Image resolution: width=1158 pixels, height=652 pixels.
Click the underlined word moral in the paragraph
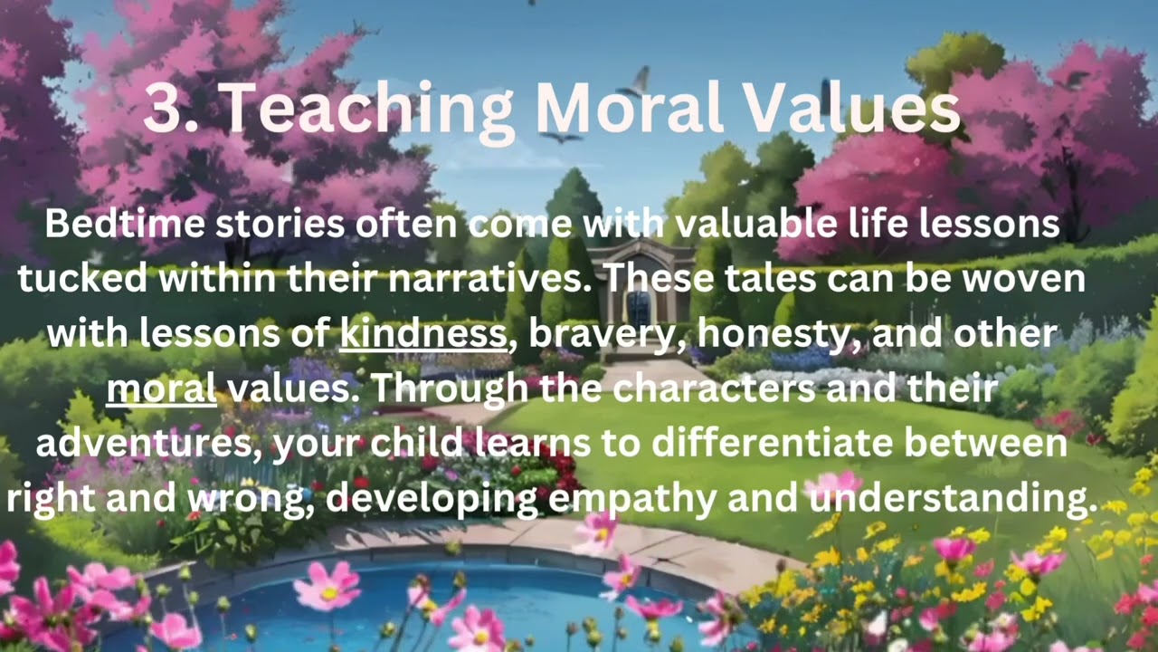click(x=161, y=389)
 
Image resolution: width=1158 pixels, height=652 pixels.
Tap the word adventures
click(x=148, y=444)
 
